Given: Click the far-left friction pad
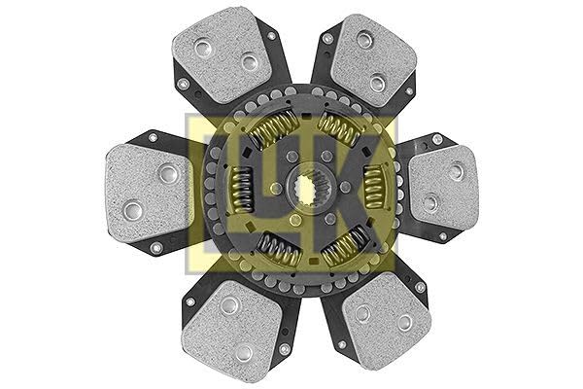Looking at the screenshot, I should (x=146, y=191).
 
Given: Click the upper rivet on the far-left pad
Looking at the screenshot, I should (x=167, y=174).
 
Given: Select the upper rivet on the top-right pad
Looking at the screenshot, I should (x=364, y=40).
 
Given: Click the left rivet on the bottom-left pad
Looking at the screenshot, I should (x=229, y=305).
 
